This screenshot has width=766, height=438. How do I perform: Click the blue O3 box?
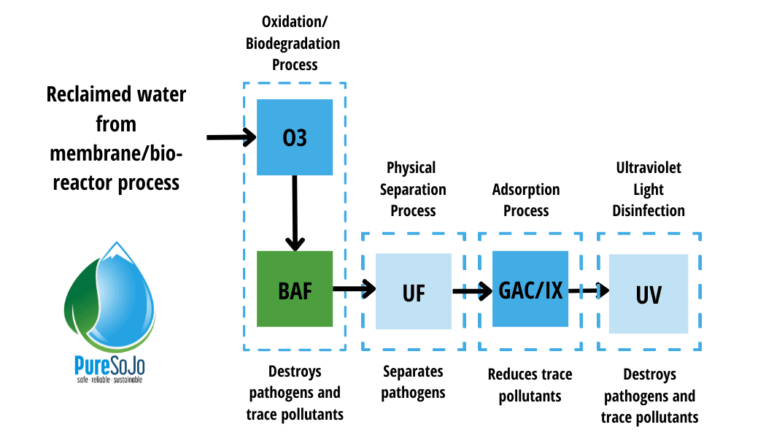tap(295, 137)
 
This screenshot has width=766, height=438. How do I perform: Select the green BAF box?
tap(295, 289)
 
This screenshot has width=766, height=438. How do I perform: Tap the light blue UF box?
tap(414, 291)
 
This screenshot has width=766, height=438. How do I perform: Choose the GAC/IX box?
tap(530, 289)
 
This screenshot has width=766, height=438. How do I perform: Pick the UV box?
tap(649, 293)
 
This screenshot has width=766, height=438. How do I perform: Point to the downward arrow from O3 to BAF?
tap(295, 212)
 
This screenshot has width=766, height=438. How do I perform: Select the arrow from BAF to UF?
tap(354, 289)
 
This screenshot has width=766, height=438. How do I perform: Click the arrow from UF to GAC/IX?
tap(472, 292)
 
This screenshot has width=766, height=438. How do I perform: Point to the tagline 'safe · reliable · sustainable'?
tap(109, 380)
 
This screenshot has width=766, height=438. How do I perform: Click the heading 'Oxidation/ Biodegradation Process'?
tap(295, 44)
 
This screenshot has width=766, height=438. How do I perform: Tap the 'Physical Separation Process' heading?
tap(412, 189)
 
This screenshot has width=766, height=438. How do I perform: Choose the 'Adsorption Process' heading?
tap(526, 200)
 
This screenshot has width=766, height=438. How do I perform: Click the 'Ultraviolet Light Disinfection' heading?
tap(649, 189)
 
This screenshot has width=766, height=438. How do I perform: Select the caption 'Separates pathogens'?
tap(414, 382)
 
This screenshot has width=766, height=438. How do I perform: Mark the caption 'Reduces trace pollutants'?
tap(530, 385)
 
